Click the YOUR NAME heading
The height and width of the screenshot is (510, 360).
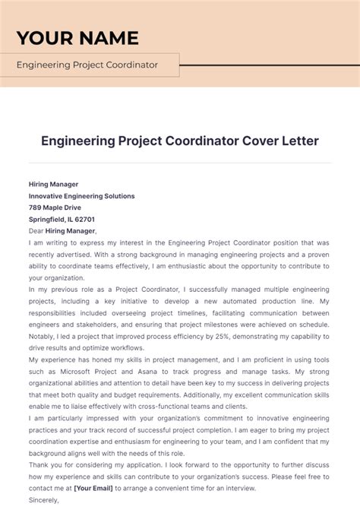coord(77,37)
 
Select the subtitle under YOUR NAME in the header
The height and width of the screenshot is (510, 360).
coord(87,65)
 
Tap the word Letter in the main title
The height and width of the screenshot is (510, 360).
coord(271,141)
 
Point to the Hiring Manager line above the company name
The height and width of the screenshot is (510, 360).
coord(53,184)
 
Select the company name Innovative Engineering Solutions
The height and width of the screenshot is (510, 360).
coord(81,196)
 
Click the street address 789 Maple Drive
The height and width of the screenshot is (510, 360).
coord(55,207)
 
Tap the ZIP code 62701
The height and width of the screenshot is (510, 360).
coord(84,219)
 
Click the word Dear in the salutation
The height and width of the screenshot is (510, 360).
coord(36,231)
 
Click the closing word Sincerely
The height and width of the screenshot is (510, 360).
coord(44,501)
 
